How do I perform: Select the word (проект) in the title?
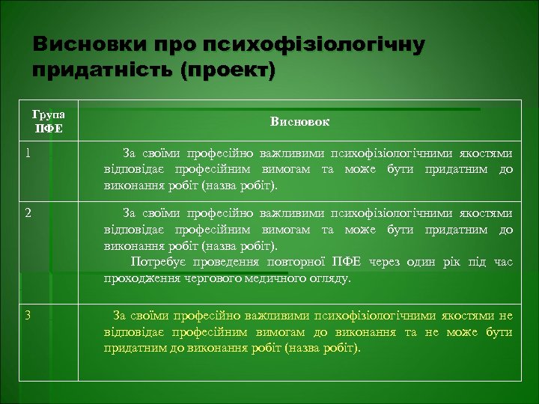[238, 71]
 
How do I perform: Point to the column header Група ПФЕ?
[49, 121]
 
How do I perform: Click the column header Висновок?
[299, 121]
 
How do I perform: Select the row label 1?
[28, 153]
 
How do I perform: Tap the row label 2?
[28, 212]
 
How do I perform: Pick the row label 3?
[28, 315]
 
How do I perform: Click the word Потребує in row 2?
[156, 262]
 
